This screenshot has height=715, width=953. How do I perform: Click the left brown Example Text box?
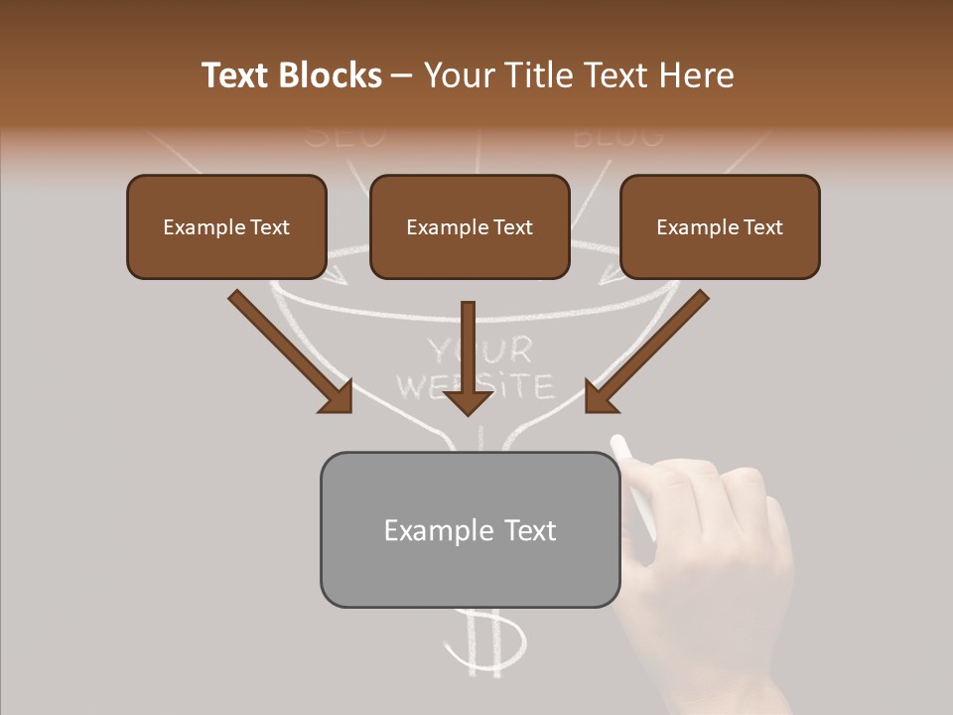[226, 226]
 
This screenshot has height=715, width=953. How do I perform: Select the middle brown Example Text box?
[470, 226]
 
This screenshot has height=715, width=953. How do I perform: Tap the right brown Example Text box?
[720, 226]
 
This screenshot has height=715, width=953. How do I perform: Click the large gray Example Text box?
[470, 529]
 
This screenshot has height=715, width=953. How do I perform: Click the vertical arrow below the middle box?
[468, 357]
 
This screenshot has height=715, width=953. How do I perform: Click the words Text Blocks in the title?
[291, 75]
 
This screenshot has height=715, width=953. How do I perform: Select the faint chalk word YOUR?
[480, 350]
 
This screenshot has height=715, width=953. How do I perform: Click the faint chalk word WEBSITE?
[475, 385]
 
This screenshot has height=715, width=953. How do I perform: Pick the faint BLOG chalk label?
[617, 134]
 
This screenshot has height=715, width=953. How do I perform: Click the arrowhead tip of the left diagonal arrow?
[349, 410]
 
